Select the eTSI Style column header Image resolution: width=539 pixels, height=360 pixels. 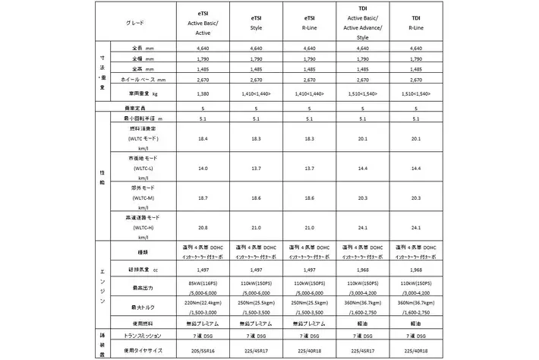click(x=255, y=23)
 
